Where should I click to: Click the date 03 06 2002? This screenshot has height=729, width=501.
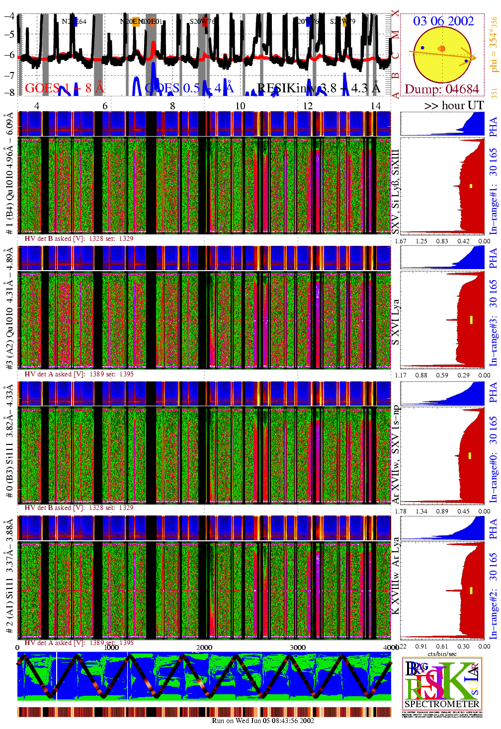coord(443,21)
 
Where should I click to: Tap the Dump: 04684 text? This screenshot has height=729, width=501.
coord(441,89)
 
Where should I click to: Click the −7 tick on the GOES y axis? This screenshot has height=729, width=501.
coord(9,74)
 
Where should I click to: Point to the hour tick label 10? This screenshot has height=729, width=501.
coord(240,106)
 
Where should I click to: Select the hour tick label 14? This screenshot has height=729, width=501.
coord(376,106)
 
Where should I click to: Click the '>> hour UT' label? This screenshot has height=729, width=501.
coord(454,105)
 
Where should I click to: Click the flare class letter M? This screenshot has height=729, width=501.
coord(395,35)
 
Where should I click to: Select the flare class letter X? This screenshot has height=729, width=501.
coord(395,13)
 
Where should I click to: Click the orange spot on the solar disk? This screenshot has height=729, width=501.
coord(441,48)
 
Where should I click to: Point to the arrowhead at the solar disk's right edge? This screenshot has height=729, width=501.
coord(472,57)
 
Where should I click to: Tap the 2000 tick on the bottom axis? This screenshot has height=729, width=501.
coord(204,647)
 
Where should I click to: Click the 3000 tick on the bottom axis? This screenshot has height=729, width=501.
coord(297,647)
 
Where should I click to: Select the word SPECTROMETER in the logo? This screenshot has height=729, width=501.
coord(442,704)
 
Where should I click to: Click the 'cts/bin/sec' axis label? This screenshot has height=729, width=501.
coord(442,654)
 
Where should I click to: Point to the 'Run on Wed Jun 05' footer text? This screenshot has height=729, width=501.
coord(263,721)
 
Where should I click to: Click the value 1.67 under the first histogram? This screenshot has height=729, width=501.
coord(401,241)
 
